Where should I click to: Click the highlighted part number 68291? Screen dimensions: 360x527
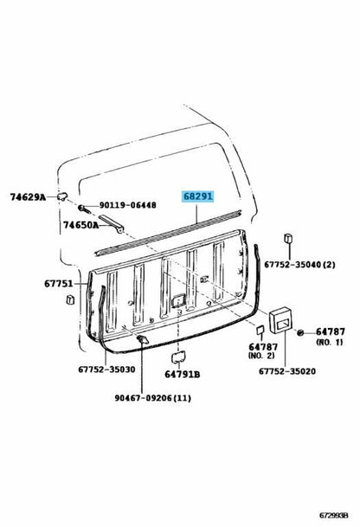(x=197, y=196)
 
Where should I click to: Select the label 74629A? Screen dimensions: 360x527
(x=28, y=197)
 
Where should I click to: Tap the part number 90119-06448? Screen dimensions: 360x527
(x=127, y=205)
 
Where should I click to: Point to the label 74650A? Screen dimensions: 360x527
(x=81, y=225)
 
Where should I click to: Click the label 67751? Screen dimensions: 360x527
(x=59, y=284)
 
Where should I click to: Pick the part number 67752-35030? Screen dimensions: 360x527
(x=107, y=370)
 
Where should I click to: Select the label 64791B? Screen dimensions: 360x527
(x=183, y=374)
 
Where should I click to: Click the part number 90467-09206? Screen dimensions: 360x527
(x=144, y=398)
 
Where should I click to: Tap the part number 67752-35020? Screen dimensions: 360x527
(x=287, y=371)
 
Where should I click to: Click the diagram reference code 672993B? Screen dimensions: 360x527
(x=333, y=515)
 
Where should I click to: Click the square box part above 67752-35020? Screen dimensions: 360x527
(x=282, y=319)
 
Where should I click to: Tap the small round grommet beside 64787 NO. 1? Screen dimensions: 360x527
(x=300, y=333)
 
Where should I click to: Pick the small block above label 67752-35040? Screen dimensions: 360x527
(x=288, y=238)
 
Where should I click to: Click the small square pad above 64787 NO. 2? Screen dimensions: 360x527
(x=260, y=330)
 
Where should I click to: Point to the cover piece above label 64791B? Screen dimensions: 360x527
(x=177, y=357)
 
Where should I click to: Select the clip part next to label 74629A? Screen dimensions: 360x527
(x=62, y=196)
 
